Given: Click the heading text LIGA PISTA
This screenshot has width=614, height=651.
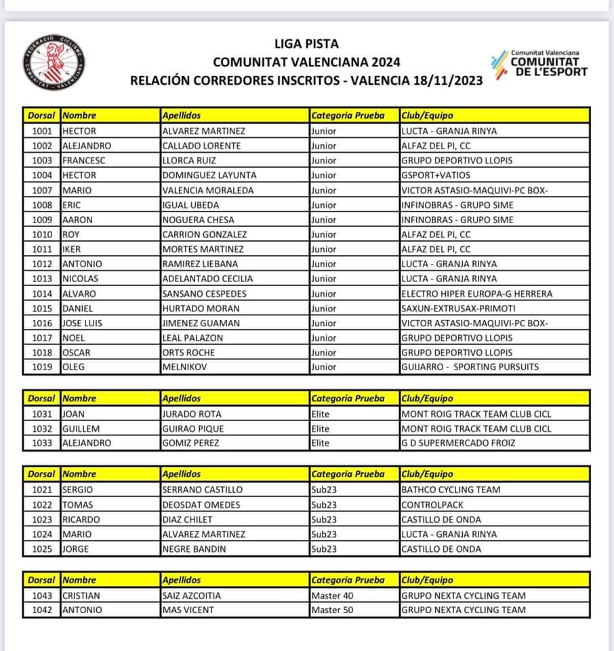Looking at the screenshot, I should [x=306, y=45].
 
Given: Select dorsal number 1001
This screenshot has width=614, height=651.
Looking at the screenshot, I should [x=41, y=131].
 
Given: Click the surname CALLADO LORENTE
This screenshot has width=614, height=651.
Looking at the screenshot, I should [x=202, y=146].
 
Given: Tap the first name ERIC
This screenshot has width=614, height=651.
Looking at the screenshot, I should [x=73, y=205].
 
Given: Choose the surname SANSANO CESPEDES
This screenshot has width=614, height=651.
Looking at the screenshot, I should [x=205, y=294].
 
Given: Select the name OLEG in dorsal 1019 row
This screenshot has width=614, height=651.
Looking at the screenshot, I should [x=74, y=367].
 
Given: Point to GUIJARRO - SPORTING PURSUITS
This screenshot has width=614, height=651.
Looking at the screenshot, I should [x=470, y=367].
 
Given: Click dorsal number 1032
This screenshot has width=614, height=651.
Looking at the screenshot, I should [x=41, y=429].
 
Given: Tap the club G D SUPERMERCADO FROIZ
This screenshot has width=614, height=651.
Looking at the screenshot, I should [x=458, y=443].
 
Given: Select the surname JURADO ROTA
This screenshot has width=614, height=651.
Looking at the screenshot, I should [x=192, y=414].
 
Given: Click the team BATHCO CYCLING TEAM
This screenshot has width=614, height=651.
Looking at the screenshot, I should [x=451, y=490].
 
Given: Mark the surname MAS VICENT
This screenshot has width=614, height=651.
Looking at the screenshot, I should [x=188, y=610].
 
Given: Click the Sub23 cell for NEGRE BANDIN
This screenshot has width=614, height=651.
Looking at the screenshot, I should [x=324, y=549].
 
